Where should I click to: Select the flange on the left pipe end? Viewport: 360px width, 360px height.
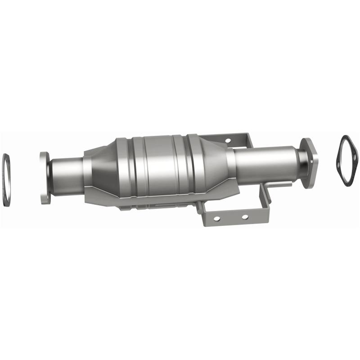44,178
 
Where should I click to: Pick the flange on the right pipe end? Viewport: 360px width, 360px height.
310,162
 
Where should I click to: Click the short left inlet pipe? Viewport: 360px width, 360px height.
67,175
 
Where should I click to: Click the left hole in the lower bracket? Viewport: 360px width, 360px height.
216,218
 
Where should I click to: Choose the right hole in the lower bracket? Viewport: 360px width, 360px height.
244,217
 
